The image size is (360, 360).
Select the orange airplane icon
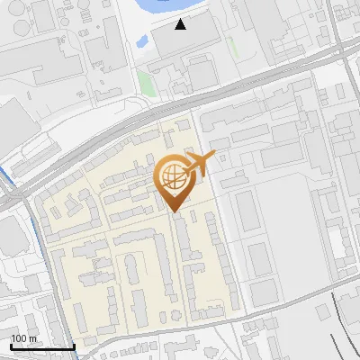click(x=202, y=164)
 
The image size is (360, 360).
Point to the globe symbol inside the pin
click(x=173, y=174)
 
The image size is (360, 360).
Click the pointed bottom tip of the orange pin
click(x=175, y=211)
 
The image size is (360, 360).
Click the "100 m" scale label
click(x=24, y=338)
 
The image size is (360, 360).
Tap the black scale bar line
click(x=42, y=346)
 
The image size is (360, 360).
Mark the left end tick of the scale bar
click(x=11, y=345)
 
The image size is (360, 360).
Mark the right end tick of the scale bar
click(x=74, y=345)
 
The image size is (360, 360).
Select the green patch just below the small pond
click(x=146, y=83)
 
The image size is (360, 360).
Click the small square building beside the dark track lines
click(x=322, y=310)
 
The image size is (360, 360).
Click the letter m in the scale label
click(x=32, y=338)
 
